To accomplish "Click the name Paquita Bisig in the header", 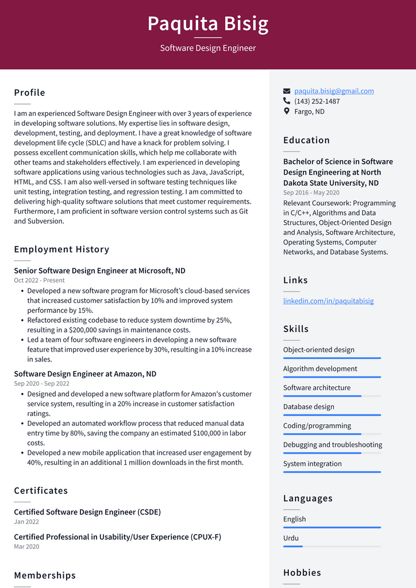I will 207,24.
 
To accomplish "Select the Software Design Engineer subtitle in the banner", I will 207,48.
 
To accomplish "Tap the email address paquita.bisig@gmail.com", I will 334,91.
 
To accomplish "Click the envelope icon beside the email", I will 287,91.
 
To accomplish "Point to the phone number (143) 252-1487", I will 317,101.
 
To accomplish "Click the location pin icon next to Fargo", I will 287,111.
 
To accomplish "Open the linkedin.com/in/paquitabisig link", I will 328,301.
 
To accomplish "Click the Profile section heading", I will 29,93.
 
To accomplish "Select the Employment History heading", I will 61,249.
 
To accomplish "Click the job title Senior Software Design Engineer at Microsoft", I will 99,271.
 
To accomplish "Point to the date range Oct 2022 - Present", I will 39,280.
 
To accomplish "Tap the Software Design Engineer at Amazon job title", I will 85,374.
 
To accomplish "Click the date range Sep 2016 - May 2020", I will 311,193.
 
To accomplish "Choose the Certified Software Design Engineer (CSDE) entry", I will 87,512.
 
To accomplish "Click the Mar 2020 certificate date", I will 26,547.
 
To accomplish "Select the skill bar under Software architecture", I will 332,396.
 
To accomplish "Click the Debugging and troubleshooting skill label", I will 332,444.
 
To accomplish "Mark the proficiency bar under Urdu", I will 332,546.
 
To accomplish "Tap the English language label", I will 294,519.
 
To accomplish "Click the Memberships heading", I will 45,575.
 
